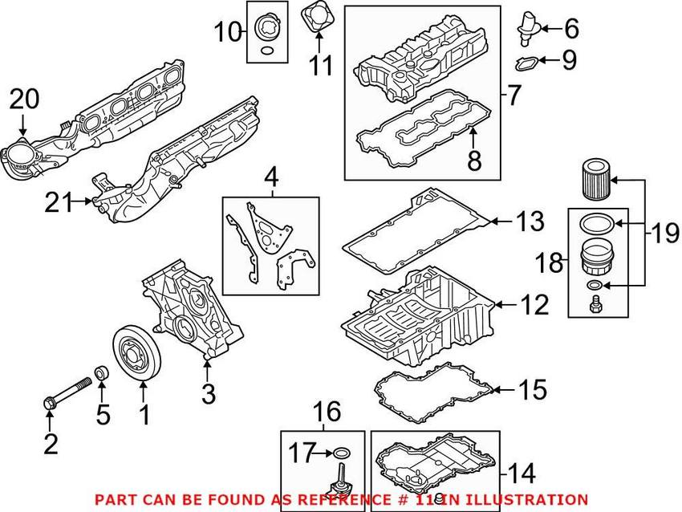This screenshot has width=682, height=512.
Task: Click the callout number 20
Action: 23,99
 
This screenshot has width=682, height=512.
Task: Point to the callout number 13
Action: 530,221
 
